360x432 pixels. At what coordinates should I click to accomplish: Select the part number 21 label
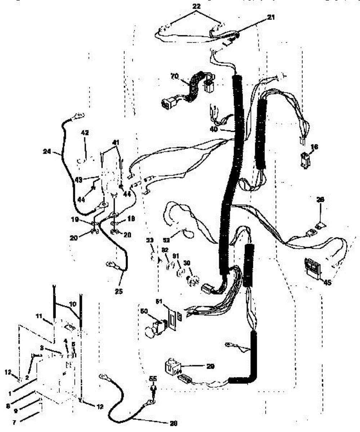[x=271, y=17]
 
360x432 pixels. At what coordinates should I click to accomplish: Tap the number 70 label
[x=174, y=77]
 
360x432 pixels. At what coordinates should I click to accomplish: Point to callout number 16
[x=315, y=147]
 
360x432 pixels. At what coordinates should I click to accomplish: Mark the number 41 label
[x=116, y=143]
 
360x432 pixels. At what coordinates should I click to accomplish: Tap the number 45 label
[x=327, y=283]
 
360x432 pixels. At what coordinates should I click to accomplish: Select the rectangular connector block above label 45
[x=312, y=267]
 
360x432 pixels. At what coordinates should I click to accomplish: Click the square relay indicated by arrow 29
[x=172, y=366]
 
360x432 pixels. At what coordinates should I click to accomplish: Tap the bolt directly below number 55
[x=154, y=391]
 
